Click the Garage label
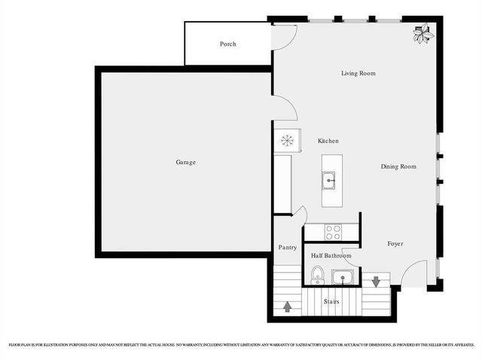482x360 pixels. coord(186,162)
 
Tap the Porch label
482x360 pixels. coord(227,44)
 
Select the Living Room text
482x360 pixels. coord(358,73)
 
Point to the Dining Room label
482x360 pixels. coord(398,166)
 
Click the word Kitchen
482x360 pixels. coord(328,141)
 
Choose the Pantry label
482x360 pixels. coord(287,247)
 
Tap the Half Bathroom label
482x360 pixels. coord(331,256)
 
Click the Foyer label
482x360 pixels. coord(395,244)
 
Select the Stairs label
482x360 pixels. coord(331,301)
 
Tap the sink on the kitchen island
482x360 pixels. coord(330,181)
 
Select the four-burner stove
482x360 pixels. coord(332,232)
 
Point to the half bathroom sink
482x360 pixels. coord(343,277)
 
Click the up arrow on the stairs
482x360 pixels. coord(287,306)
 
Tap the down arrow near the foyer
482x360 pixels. coord(376,281)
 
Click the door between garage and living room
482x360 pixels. coord(283,108)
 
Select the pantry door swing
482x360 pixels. coord(299,215)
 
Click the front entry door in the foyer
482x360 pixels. coord(413,276)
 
